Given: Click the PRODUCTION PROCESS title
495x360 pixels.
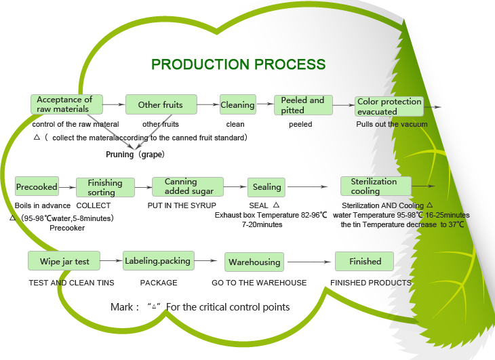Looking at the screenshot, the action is (238, 64).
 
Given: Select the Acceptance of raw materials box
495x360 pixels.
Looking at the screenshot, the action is (66, 104).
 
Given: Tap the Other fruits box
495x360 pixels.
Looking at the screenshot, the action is (161, 104).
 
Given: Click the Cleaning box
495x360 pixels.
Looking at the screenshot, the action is (238, 104).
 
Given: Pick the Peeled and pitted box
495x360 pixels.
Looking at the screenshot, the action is (303, 105).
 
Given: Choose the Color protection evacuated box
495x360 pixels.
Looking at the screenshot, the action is (389, 106).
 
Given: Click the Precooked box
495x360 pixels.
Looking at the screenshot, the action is (37, 187).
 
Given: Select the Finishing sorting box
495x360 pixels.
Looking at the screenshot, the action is (105, 187).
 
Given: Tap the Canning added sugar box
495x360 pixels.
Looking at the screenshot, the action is (188, 187).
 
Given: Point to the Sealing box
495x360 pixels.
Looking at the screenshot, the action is (266, 187).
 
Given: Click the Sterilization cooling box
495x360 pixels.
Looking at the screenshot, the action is (376, 186).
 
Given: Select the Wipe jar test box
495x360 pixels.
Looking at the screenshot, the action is (64, 261).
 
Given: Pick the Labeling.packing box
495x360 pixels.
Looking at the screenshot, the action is (159, 260).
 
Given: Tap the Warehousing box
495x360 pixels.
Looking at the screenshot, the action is (254, 262).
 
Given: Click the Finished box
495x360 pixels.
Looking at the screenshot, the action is (364, 261).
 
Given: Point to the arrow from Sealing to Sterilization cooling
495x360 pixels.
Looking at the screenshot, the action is (307, 187).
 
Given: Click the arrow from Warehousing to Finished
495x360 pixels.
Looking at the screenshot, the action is (309, 262).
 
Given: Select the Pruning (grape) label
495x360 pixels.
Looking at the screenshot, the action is (135, 155).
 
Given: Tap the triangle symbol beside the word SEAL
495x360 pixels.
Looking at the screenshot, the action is (276, 205).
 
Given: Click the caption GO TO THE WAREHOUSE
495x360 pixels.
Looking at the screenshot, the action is (259, 283).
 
